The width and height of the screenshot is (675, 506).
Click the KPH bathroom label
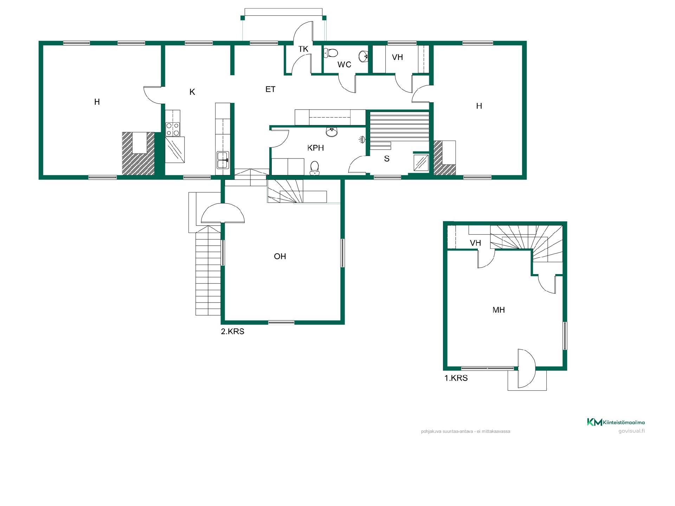(315, 148)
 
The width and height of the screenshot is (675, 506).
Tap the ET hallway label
(270, 90)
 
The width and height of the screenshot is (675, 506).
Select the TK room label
(303, 49)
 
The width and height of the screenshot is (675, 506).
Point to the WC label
(344, 65)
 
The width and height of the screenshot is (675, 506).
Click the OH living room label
(280, 257)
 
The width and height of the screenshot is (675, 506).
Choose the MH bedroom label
(499, 310)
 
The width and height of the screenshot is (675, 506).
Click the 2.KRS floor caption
(232, 331)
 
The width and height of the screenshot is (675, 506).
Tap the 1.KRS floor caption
(456, 378)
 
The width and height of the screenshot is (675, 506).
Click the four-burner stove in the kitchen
(173, 129)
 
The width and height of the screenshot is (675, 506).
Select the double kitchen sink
(223, 160)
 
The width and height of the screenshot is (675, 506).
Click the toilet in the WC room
(331, 53)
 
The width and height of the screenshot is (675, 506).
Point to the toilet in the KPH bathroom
(314, 168)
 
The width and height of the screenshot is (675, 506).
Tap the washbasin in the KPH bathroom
(332, 132)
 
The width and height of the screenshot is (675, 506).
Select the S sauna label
(387, 159)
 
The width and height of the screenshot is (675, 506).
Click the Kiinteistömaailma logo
(616, 422)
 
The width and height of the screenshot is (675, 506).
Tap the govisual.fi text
(631, 432)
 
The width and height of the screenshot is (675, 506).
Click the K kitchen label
(192, 92)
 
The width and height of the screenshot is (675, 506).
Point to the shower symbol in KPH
(362, 140)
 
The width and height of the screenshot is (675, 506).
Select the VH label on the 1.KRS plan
(475, 243)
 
